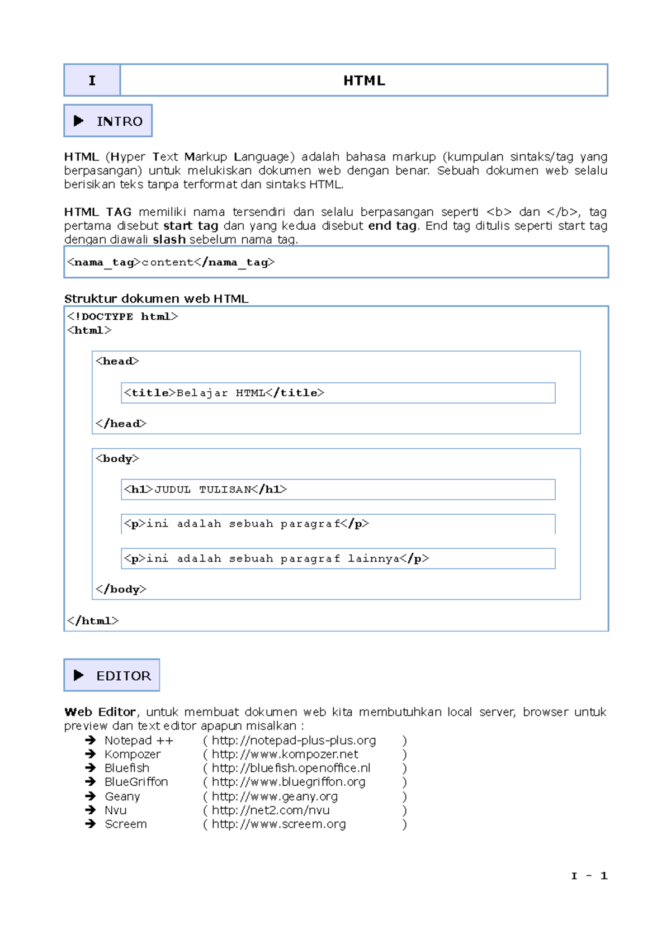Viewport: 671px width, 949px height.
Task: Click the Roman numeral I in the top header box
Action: [x=92, y=80]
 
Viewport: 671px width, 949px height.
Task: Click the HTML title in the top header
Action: [x=364, y=80]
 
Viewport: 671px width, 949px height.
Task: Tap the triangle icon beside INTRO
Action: [x=79, y=121]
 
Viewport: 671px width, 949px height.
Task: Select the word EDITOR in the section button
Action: [x=124, y=676]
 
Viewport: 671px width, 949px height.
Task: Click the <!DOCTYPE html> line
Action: [x=122, y=316]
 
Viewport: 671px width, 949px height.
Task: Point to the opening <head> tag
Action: [x=117, y=361]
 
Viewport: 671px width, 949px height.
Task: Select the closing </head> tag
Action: [x=121, y=424]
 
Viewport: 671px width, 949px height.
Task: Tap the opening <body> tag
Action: [x=117, y=458]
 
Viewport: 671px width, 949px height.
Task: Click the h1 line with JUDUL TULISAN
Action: [x=205, y=490]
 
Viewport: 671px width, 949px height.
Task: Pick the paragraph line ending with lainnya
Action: [x=276, y=558]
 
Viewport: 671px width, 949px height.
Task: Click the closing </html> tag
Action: [x=93, y=620]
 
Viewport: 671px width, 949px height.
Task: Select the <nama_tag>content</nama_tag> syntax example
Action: [x=171, y=262]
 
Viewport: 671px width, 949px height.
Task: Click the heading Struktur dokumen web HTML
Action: [x=156, y=298]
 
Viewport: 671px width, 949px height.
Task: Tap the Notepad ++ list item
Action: [x=139, y=741]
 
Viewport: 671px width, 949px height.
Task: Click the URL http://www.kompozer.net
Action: [x=285, y=755]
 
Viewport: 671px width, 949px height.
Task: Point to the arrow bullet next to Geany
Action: [x=91, y=796]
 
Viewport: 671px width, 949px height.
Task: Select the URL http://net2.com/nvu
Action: [x=271, y=810]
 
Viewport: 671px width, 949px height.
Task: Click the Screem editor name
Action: [x=126, y=824]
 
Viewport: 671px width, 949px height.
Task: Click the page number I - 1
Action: [x=589, y=876]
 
